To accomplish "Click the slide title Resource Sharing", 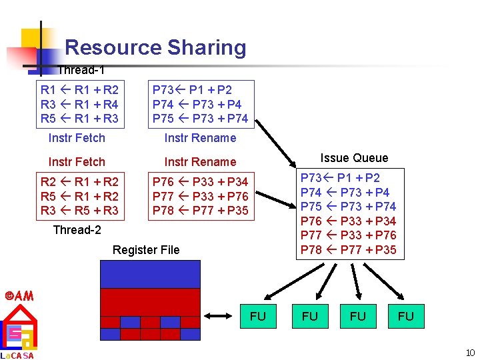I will [155, 47].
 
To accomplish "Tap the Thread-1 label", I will [81, 69].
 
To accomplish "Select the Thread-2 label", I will [77, 229].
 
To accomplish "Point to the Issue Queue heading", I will [353, 158].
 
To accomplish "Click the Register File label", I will [146, 250].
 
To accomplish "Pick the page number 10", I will [469, 353].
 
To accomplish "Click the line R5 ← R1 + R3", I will [79, 119].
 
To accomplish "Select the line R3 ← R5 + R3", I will [79, 211].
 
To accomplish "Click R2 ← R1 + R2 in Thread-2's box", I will [79, 181].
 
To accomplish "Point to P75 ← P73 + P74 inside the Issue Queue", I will [348, 207].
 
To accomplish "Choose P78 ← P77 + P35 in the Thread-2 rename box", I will [200, 211].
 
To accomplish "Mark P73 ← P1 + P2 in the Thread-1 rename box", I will [192, 89].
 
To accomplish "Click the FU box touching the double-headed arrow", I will [257, 316].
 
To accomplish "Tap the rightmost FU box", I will [405, 316].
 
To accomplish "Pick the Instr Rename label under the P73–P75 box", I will [200, 138].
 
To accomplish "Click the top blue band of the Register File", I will [150, 273].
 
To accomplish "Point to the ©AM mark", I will [18, 295].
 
